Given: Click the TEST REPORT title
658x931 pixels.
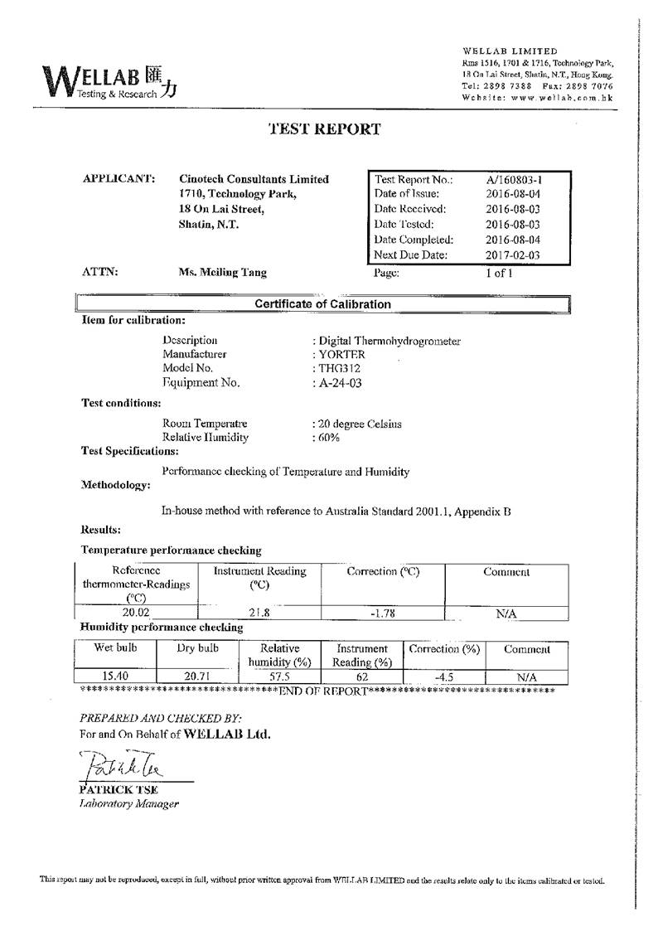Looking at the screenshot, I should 325,129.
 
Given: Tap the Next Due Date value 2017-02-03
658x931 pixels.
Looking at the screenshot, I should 512,255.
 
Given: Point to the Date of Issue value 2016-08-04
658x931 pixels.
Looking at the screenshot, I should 512,194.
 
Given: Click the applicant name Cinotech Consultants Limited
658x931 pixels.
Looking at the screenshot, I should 254,179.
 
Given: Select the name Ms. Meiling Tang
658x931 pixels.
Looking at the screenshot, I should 223,272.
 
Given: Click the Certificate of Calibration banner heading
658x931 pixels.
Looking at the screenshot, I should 322,304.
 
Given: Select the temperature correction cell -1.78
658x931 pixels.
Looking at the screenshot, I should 382,613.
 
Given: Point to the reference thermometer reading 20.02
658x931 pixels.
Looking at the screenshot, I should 136,613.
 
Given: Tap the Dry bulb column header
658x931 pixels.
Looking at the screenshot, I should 197,649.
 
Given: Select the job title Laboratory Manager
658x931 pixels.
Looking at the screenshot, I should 128,804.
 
